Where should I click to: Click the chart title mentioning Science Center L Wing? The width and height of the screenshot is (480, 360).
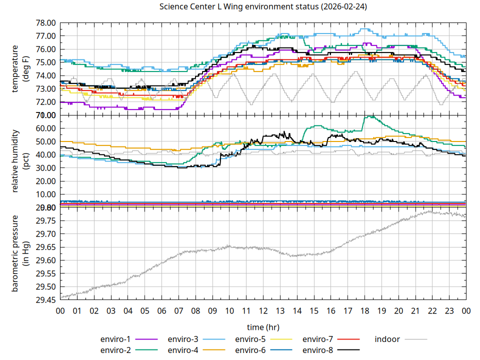click(263, 6)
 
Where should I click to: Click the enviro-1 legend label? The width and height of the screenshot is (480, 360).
click(115, 339)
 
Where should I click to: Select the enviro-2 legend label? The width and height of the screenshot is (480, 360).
click(115, 349)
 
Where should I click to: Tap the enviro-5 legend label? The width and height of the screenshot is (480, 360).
click(250, 339)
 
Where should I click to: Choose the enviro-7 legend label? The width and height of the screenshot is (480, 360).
click(317, 339)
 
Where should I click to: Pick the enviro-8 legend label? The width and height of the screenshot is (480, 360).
click(317, 349)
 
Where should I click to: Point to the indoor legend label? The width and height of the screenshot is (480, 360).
click(387, 339)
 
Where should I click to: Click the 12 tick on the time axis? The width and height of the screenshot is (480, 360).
click(263, 311)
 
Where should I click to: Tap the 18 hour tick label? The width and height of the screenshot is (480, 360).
click(364, 311)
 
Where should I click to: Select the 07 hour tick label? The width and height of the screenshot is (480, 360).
click(178, 311)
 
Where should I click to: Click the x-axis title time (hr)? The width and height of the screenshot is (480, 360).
click(263, 327)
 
